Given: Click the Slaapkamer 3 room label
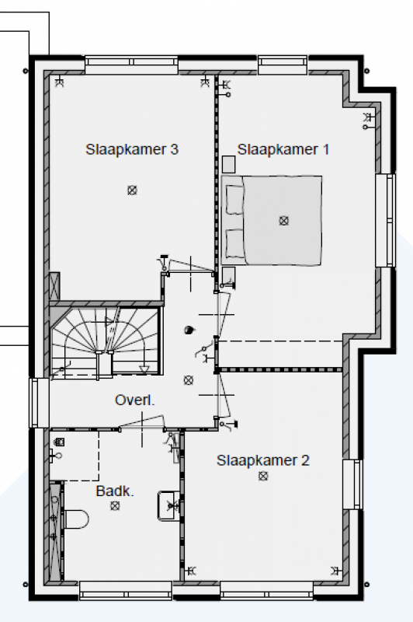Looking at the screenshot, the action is tap(132, 149).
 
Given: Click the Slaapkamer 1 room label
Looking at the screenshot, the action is tap(283, 149).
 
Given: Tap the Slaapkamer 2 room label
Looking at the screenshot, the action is tap(263, 460).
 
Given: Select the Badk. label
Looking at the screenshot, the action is tap(115, 491).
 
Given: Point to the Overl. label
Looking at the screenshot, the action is tap(134, 400).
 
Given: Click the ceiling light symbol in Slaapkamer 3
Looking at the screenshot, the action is tap(132, 190).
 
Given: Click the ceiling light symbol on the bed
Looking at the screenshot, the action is tap(283, 221).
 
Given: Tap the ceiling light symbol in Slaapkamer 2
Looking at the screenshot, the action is tap(263, 476).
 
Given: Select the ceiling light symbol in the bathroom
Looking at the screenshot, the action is tap(115, 506).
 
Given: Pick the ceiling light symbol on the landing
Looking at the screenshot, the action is tap(189, 380).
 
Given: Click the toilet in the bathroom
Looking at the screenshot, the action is tap(75, 519).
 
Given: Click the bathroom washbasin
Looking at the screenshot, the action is tap(169, 505).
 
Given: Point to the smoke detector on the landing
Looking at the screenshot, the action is tap(189, 330).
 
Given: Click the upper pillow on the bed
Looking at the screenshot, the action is tap(234, 200).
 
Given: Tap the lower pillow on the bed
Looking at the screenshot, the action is tap(234, 243).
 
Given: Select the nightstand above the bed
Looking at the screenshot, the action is tap(228, 164).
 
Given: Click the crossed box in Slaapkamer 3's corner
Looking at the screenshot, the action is tap(54, 286).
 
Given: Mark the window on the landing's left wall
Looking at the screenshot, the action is tap(39, 403).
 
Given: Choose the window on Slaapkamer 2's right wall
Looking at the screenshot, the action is tap(352, 484).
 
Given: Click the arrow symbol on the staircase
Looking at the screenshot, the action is tap(144, 369).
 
